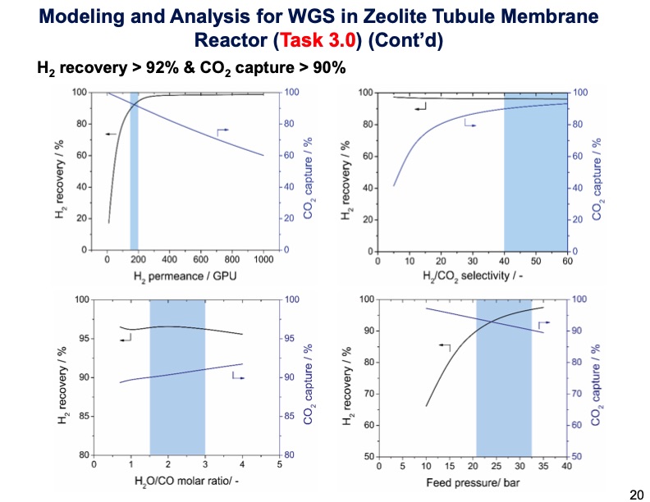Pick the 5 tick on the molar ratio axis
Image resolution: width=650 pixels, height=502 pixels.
click(x=279, y=463)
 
